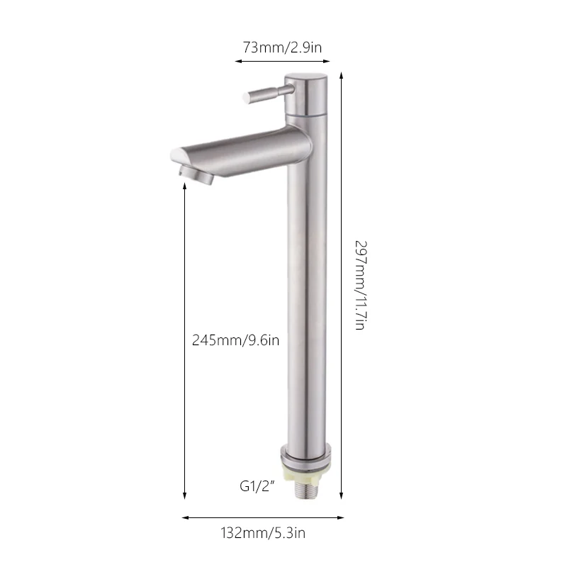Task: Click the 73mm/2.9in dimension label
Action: (282, 47)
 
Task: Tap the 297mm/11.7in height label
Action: (361, 286)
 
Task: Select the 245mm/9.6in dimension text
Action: (235, 340)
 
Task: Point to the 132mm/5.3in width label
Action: (263, 533)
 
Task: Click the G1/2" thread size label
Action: (257, 486)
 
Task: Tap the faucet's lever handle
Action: (269, 94)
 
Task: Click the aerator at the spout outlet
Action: (196, 174)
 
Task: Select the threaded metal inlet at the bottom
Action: (306, 490)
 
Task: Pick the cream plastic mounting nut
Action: (305, 475)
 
